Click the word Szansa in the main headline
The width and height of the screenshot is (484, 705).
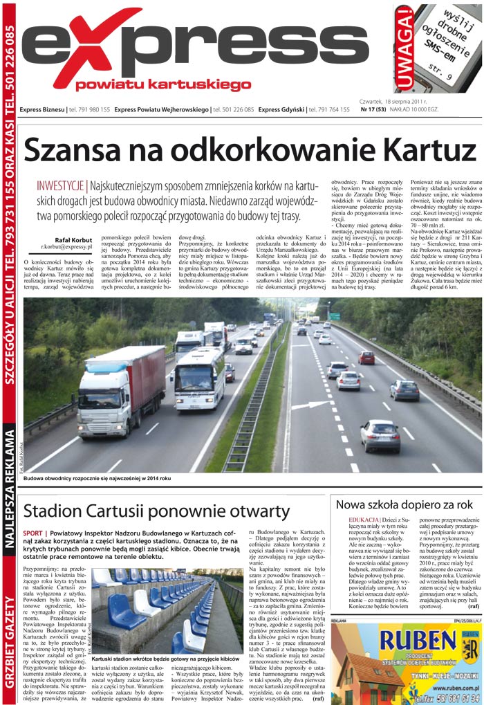click(77, 149)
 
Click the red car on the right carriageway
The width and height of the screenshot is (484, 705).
click(366, 357)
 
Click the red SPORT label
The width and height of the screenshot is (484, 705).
click(32, 533)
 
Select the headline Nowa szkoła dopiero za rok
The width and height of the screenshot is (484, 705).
click(404, 504)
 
